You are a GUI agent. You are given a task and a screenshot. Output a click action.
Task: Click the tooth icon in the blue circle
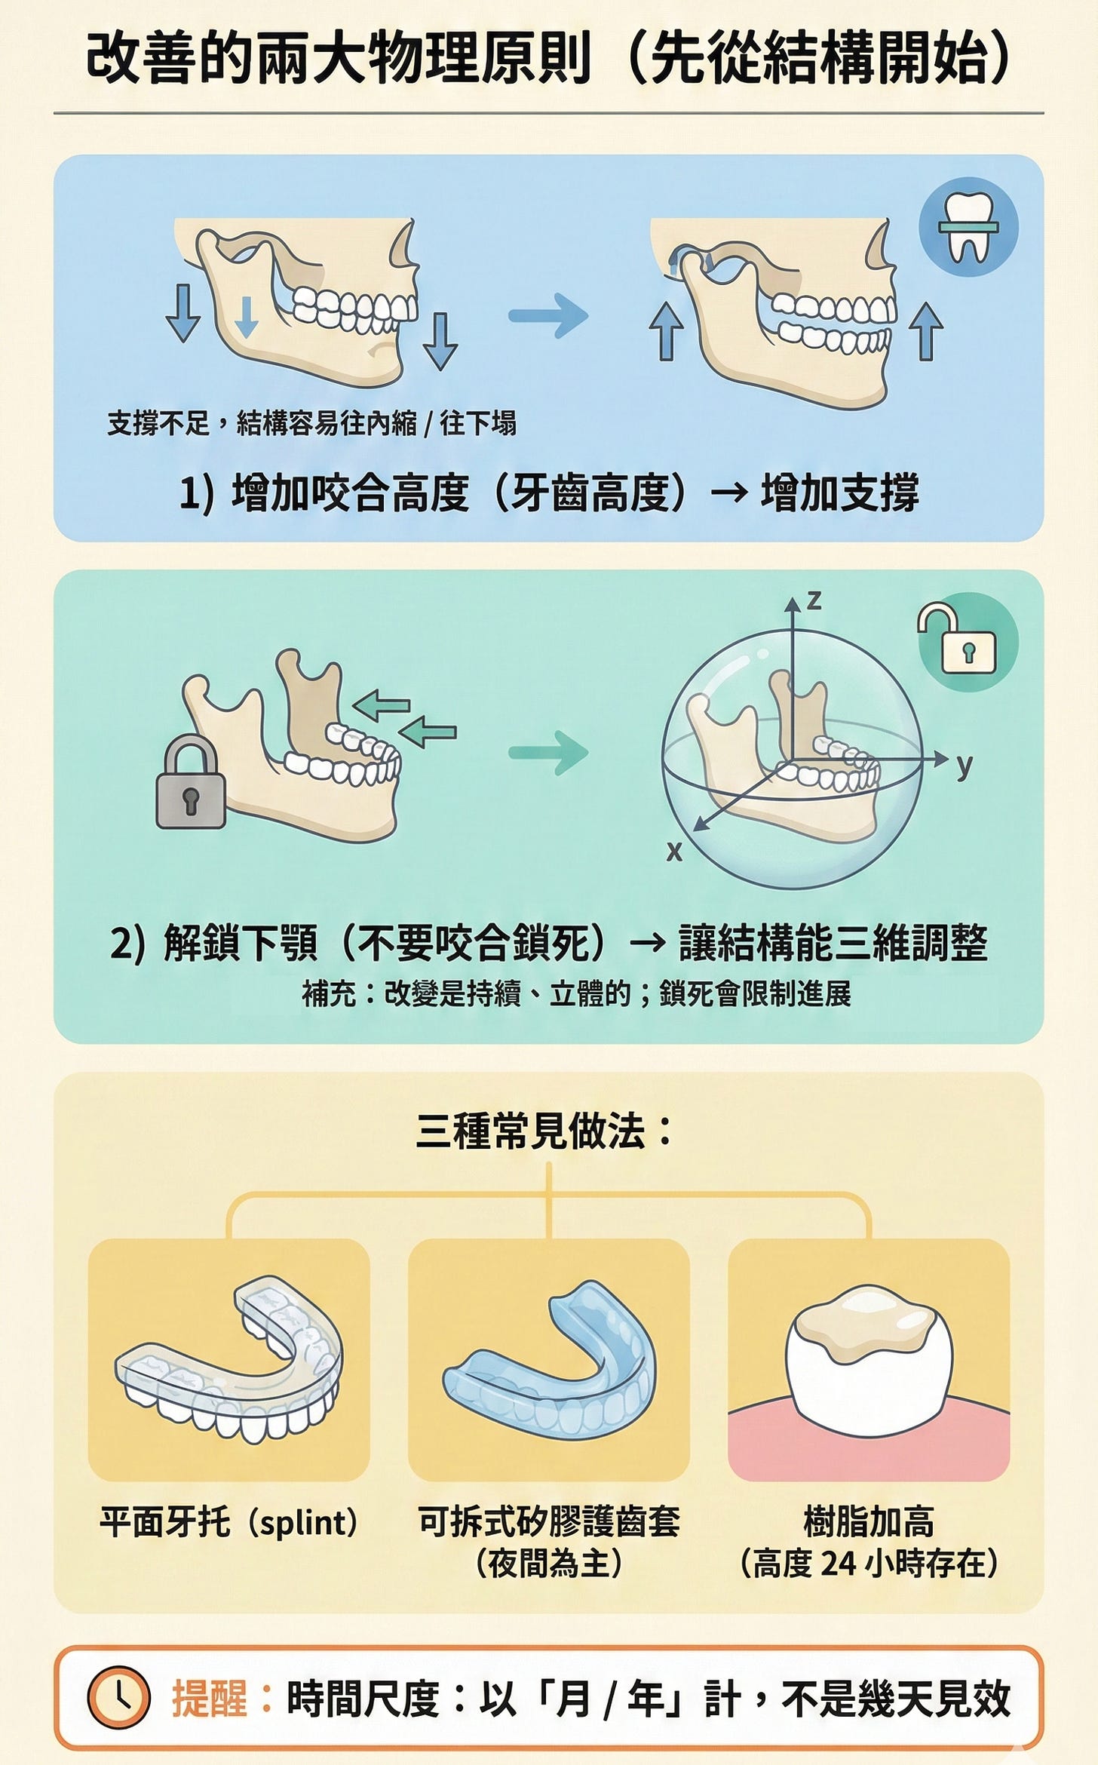(968, 227)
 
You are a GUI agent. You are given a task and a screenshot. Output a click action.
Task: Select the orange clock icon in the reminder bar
(119, 1698)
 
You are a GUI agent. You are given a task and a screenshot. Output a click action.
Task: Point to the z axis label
(814, 601)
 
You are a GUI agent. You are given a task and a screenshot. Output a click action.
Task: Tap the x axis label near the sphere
(674, 852)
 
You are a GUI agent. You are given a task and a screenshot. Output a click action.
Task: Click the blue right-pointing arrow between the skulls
(548, 315)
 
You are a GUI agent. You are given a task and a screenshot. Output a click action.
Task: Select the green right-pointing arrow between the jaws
(548, 753)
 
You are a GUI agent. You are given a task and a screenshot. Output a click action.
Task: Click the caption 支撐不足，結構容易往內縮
(262, 423)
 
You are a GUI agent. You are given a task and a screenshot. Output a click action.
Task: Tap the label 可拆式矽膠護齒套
(549, 1521)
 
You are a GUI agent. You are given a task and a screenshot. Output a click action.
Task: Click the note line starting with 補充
(576, 993)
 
